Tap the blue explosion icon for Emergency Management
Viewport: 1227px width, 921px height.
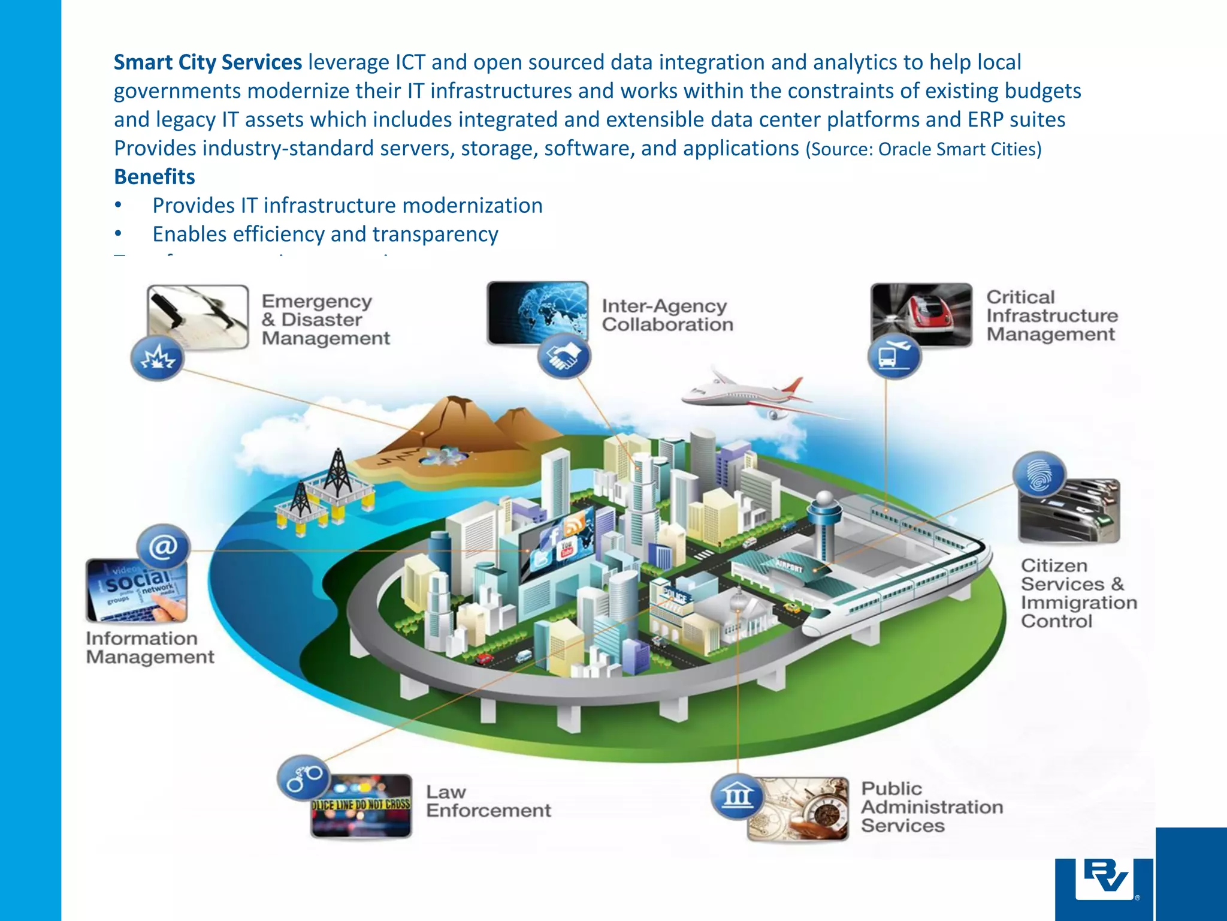[x=157, y=358]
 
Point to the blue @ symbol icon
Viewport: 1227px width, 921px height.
[x=163, y=547]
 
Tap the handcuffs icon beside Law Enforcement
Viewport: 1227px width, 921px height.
[x=303, y=778]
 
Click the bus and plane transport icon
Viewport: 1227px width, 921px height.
[x=894, y=356]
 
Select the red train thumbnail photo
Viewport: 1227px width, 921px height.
[x=921, y=315]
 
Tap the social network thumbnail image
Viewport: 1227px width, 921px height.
[x=137, y=591]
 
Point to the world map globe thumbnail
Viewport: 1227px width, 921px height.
[x=537, y=312]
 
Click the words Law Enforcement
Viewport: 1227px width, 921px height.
[x=488, y=801]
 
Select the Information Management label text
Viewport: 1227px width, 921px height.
[x=150, y=648]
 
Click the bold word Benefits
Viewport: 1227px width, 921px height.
[x=155, y=177]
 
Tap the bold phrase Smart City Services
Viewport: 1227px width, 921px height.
[x=208, y=62]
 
